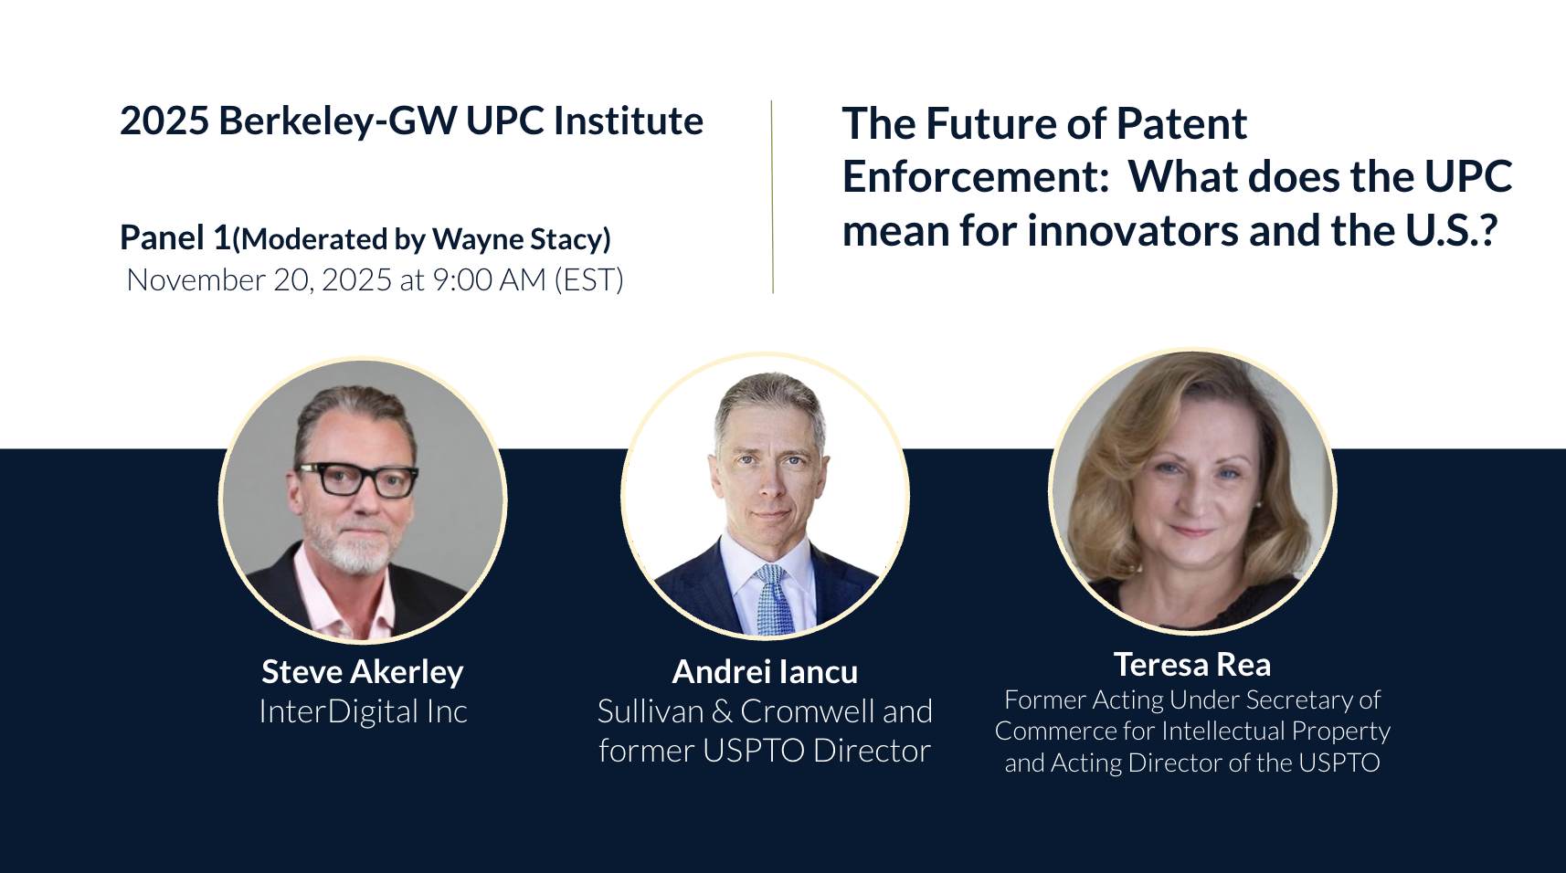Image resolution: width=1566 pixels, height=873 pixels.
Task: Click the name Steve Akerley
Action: (362, 673)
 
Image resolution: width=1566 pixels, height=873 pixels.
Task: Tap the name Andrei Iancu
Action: (765, 672)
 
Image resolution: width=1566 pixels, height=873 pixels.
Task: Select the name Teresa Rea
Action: (1192, 665)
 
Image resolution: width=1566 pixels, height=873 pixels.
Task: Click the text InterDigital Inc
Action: (363, 711)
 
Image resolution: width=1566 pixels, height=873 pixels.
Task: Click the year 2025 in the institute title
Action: (164, 121)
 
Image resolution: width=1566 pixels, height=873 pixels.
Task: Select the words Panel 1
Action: (175, 237)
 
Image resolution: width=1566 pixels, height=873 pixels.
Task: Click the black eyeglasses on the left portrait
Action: (356, 479)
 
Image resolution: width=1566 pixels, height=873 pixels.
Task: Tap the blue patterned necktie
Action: (773, 600)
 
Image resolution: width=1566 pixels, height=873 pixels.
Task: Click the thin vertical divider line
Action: (773, 197)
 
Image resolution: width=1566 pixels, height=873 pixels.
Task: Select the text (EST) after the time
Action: (588, 280)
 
